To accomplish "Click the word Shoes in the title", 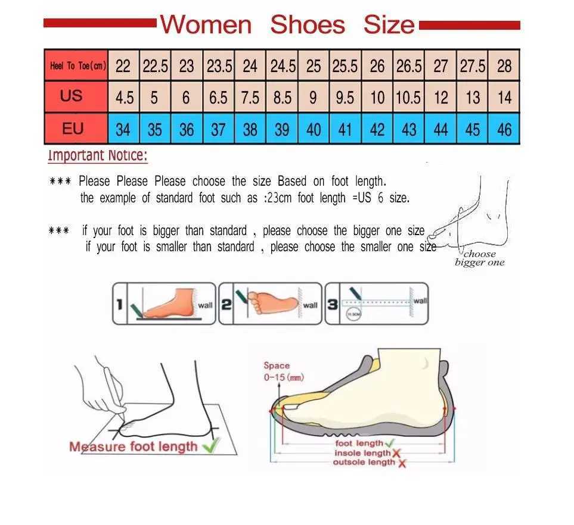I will point(307,25).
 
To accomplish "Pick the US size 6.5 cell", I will point(218,98).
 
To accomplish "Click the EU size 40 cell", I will point(314,129).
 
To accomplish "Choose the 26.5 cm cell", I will point(409,66).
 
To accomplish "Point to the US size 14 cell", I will point(504,98).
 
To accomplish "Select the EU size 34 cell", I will point(123,129).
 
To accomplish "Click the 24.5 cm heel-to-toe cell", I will point(283,66).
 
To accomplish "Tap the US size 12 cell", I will point(440,98).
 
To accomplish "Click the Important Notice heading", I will point(98,156).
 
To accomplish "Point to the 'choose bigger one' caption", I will point(479,258).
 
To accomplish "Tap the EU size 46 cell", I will point(504,129).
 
